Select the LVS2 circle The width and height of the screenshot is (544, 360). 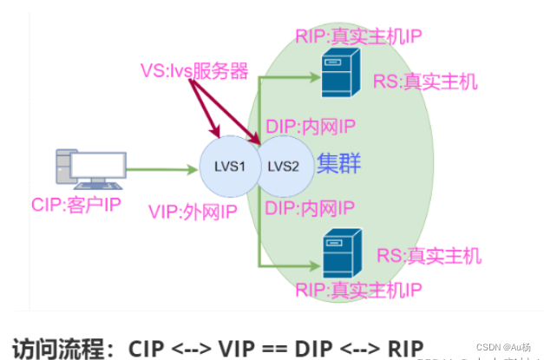pos(283,166)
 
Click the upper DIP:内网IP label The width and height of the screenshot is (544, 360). pos(310,127)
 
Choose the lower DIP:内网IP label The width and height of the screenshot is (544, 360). pos(310,207)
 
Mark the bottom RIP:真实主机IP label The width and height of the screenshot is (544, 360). pos(359,289)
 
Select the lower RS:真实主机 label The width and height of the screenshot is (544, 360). pos(429,256)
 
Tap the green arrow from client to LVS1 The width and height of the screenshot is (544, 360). pos(160,170)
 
